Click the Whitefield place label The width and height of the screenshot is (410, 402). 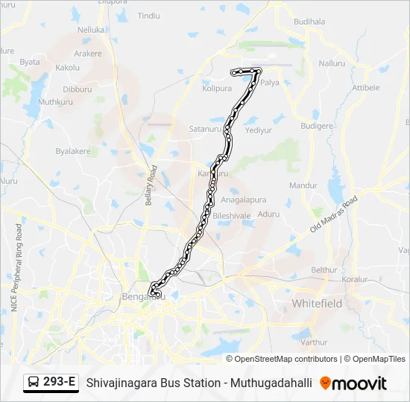[317, 304]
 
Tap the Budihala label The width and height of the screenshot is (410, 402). [309, 22]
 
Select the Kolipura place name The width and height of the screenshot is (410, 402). [217, 88]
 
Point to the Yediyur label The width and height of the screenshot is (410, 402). [259, 129]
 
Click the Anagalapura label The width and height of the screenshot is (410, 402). [244, 200]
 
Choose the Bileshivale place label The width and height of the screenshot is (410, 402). [232, 215]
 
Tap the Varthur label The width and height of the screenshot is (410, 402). [315, 342]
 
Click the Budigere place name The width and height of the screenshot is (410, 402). [316, 127]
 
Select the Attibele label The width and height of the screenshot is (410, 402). [365, 87]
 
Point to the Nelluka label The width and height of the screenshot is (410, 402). [92, 30]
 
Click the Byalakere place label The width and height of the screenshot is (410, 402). [73, 151]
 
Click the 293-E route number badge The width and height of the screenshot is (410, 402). [60, 383]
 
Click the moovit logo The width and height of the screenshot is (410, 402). [353, 383]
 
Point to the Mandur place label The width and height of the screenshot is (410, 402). [303, 185]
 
